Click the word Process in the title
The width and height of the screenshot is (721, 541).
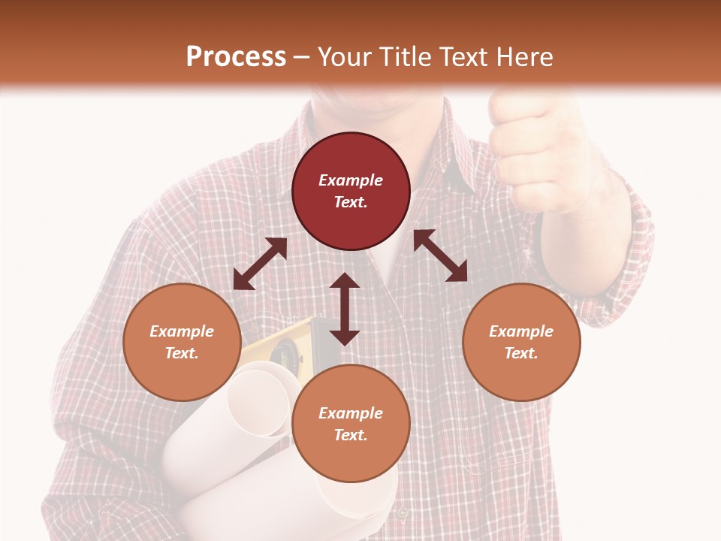pos(236,57)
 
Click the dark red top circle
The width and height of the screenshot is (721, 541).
pos(351,192)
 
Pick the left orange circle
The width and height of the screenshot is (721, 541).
pos(182,342)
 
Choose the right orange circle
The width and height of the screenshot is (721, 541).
pos(520,342)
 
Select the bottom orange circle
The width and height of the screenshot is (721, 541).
pos(351,424)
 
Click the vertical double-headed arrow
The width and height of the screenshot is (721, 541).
pos(345,309)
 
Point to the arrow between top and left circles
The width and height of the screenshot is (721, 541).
pos(260,264)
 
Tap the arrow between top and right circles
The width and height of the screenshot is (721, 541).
pos(440,255)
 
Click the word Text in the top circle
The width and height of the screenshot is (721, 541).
pos(351,202)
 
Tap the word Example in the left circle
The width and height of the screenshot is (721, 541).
pos(182,331)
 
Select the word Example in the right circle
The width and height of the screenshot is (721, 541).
pos(520,331)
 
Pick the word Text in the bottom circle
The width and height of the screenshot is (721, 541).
pos(351,435)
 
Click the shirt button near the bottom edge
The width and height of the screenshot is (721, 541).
pos(403,513)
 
